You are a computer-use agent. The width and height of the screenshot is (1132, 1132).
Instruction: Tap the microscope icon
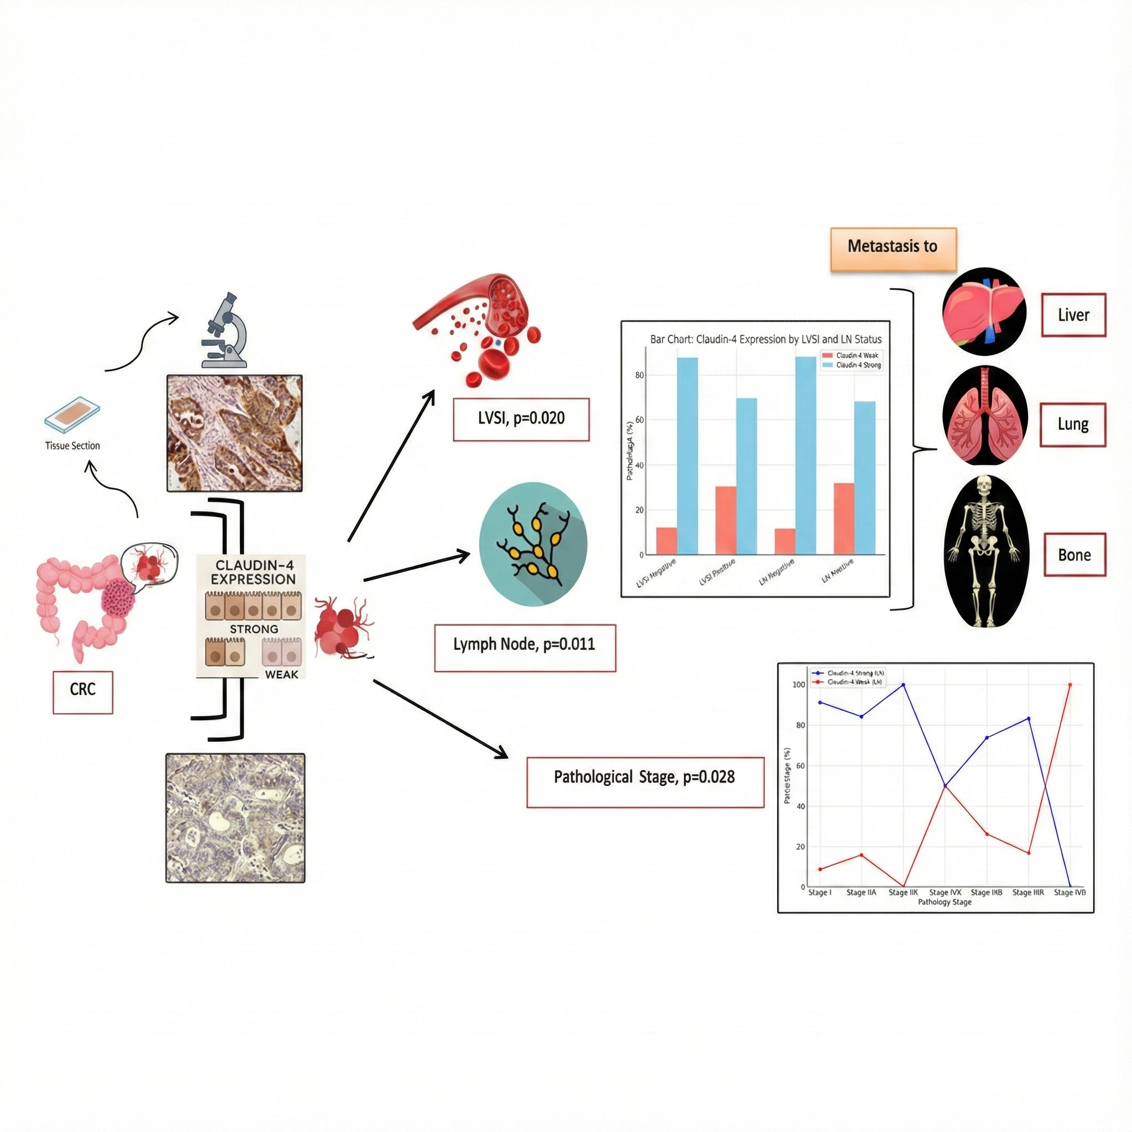pyautogui.click(x=226, y=331)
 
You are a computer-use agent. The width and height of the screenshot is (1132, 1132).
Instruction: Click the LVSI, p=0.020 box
pyautogui.click(x=521, y=419)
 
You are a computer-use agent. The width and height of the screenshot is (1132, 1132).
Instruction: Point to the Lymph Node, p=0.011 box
pyautogui.click(x=525, y=647)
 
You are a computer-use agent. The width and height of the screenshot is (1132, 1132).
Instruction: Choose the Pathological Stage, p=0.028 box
pyautogui.click(x=644, y=782)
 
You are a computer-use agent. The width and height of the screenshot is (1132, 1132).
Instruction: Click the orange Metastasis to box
pyautogui.click(x=893, y=249)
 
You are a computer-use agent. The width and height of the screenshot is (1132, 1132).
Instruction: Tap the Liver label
pyautogui.click(x=1073, y=315)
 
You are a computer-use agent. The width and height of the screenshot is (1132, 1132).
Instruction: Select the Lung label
pyautogui.click(x=1072, y=424)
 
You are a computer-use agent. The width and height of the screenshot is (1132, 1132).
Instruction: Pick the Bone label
pyautogui.click(x=1074, y=554)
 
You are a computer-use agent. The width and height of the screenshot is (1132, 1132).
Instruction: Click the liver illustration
pyautogui.click(x=984, y=312)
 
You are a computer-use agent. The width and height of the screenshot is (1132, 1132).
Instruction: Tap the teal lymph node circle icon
pyautogui.click(x=533, y=544)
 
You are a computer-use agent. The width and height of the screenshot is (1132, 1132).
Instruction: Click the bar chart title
pyautogui.click(x=765, y=339)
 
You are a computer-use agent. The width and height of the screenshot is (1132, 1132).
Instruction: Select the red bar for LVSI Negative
pyautogui.click(x=666, y=541)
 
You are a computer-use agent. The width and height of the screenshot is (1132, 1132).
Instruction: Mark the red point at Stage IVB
pyautogui.click(x=1070, y=684)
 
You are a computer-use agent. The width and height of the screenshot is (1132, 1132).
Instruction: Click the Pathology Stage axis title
pyautogui.click(x=945, y=902)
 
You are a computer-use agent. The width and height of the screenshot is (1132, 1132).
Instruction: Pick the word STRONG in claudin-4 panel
pyautogui.click(x=254, y=628)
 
